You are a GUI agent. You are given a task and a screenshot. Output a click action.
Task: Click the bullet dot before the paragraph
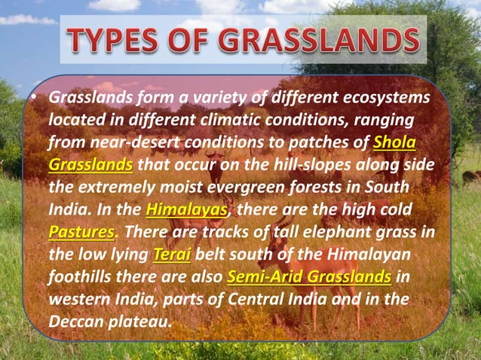click(x=35, y=99)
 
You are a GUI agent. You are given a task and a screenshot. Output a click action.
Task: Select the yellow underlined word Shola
click(x=395, y=142)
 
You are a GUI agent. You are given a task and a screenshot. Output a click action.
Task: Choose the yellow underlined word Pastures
click(x=81, y=231)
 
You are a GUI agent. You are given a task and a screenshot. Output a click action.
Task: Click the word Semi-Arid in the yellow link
click(x=261, y=276)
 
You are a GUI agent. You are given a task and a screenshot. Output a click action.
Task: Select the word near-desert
click(x=131, y=142)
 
